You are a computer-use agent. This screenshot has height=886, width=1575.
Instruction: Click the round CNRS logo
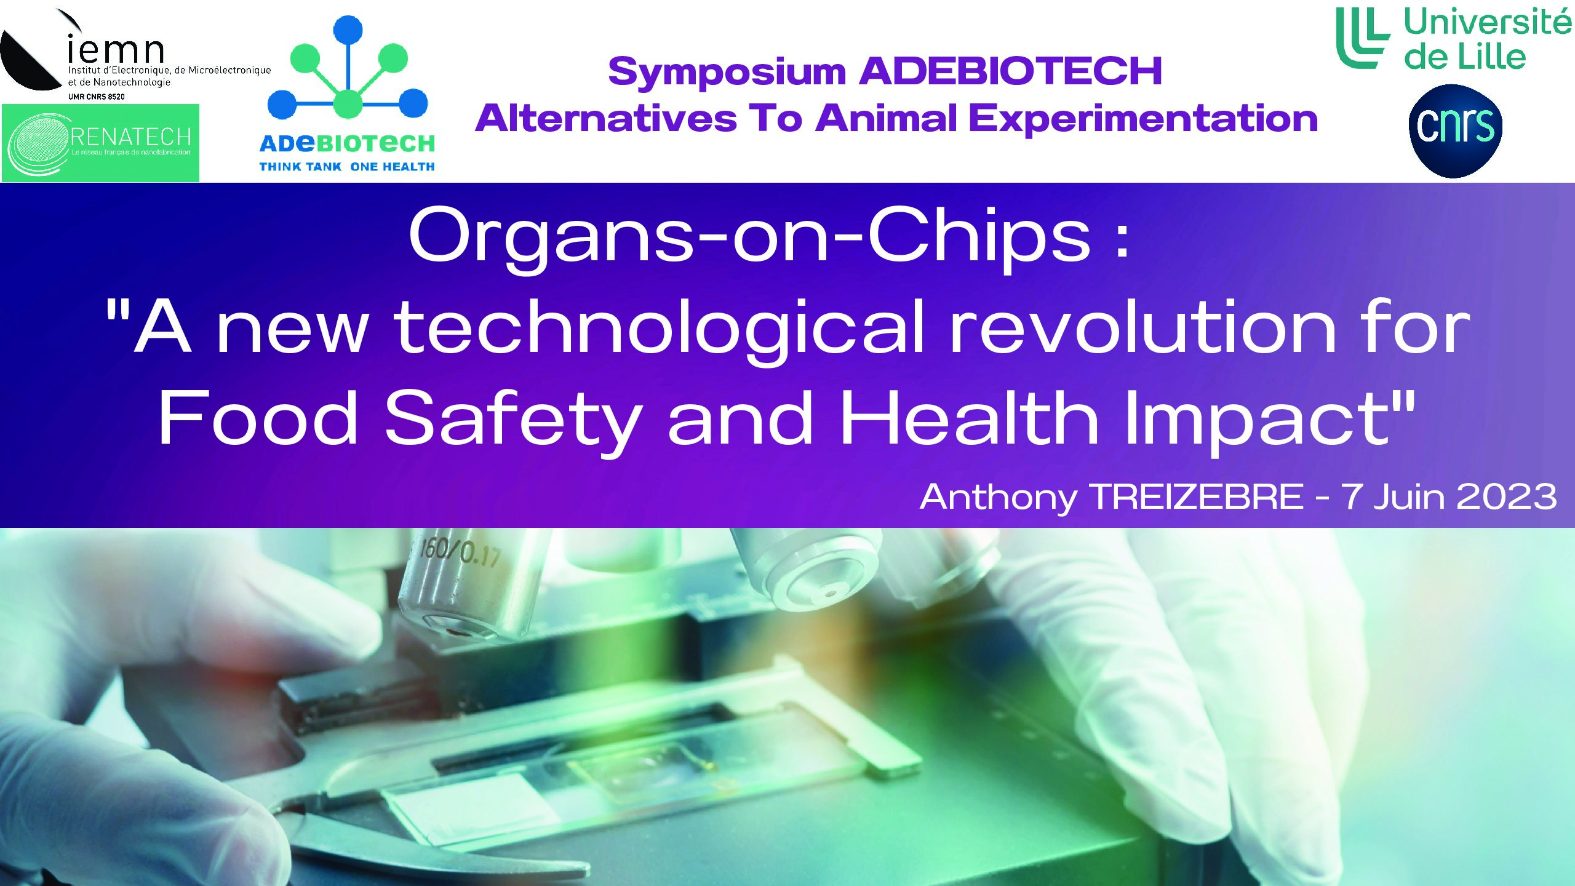coord(1455,131)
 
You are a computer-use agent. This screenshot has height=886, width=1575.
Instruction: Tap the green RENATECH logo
coord(100,143)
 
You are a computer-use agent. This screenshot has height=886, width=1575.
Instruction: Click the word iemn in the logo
coord(116,49)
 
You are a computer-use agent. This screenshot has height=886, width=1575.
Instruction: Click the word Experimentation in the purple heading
coord(1143,118)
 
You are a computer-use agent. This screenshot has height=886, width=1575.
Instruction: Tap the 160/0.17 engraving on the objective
coord(460,551)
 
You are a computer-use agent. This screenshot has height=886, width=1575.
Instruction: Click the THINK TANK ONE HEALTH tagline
coord(347,167)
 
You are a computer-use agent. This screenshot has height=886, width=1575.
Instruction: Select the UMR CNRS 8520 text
coord(96,97)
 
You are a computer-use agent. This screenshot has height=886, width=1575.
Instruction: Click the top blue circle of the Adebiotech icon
coord(348,29)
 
